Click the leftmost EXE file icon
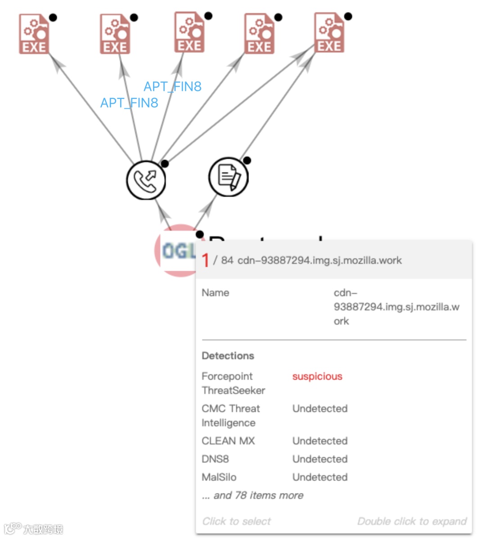(x=34, y=34)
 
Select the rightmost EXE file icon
(x=329, y=32)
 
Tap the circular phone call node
(x=146, y=180)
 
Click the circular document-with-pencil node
(x=229, y=177)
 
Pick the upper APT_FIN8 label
(x=172, y=86)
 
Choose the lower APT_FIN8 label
(x=129, y=103)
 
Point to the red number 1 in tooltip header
(x=205, y=260)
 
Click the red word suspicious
(x=317, y=377)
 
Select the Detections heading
(x=228, y=356)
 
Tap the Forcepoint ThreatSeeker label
(x=233, y=383)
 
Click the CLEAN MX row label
(x=228, y=441)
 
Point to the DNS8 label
(x=215, y=459)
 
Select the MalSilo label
(x=219, y=477)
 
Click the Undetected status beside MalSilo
(x=320, y=477)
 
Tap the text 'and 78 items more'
(x=258, y=495)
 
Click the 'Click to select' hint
(x=237, y=521)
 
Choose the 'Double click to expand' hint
(x=412, y=521)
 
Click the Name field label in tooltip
(x=216, y=293)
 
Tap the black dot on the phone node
(x=165, y=164)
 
